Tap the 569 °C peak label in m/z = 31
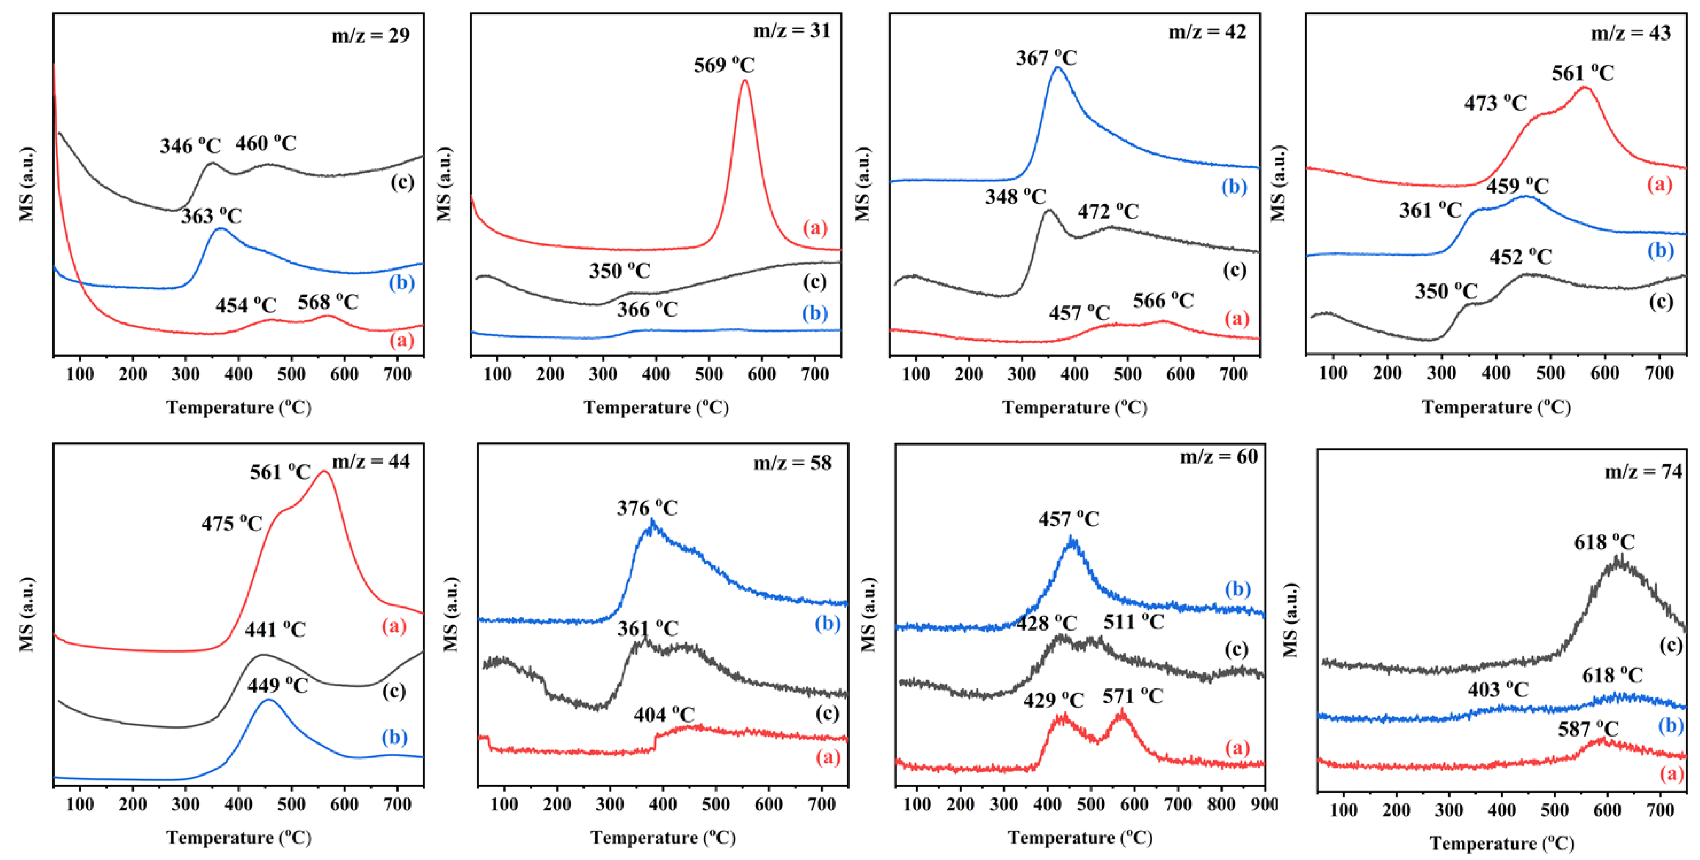click(x=724, y=65)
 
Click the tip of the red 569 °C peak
click(x=745, y=81)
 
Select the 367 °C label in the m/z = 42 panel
click(x=1046, y=58)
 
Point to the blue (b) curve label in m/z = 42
click(x=1233, y=187)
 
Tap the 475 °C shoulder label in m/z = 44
click(x=232, y=523)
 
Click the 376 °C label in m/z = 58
click(x=648, y=508)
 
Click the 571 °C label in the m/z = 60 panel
click(x=1133, y=696)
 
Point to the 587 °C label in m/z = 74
click(x=1588, y=729)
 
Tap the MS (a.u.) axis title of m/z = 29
click(x=26, y=184)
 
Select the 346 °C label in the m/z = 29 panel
click(x=190, y=145)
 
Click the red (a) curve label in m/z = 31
click(x=815, y=228)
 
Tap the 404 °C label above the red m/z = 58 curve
click(x=664, y=714)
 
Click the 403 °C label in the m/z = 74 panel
click(x=1498, y=690)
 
